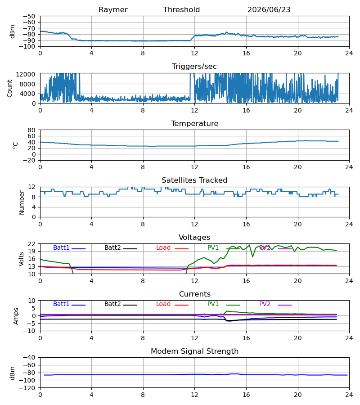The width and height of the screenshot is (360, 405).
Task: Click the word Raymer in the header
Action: (x=113, y=10)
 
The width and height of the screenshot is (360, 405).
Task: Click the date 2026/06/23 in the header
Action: (x=269, y=10)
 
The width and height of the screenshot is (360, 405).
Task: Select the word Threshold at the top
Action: (x=181, y=9)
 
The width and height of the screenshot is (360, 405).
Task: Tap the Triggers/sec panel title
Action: (x=194, y=67)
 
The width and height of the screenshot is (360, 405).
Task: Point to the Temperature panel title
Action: (x=194, y=123)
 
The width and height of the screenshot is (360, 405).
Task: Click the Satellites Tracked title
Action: (x=194, y=180)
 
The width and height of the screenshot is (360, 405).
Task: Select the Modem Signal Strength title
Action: (x=194, y=351)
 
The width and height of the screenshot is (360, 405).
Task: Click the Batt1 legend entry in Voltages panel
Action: (x=69, y=247)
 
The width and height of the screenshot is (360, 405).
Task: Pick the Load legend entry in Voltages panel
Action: (x=172, y=247)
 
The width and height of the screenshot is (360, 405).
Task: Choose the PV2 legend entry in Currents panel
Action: (x=275, y=304)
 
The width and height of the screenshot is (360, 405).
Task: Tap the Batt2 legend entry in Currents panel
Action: (x=120, y=304)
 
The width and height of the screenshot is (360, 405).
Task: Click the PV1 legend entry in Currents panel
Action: (x=224, y=304)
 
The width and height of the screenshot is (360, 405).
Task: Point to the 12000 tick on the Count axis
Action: (x=26, y=74)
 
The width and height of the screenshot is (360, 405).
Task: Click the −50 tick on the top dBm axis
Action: (x=29, y=16)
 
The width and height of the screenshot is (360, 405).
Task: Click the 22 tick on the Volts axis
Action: (x=32, y=244)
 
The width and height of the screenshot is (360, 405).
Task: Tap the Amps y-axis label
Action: (x=16, y=316)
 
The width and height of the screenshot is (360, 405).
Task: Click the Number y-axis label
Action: (x=22, y=202)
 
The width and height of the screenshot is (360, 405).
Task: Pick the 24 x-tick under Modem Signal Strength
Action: (x=349, y=395)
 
